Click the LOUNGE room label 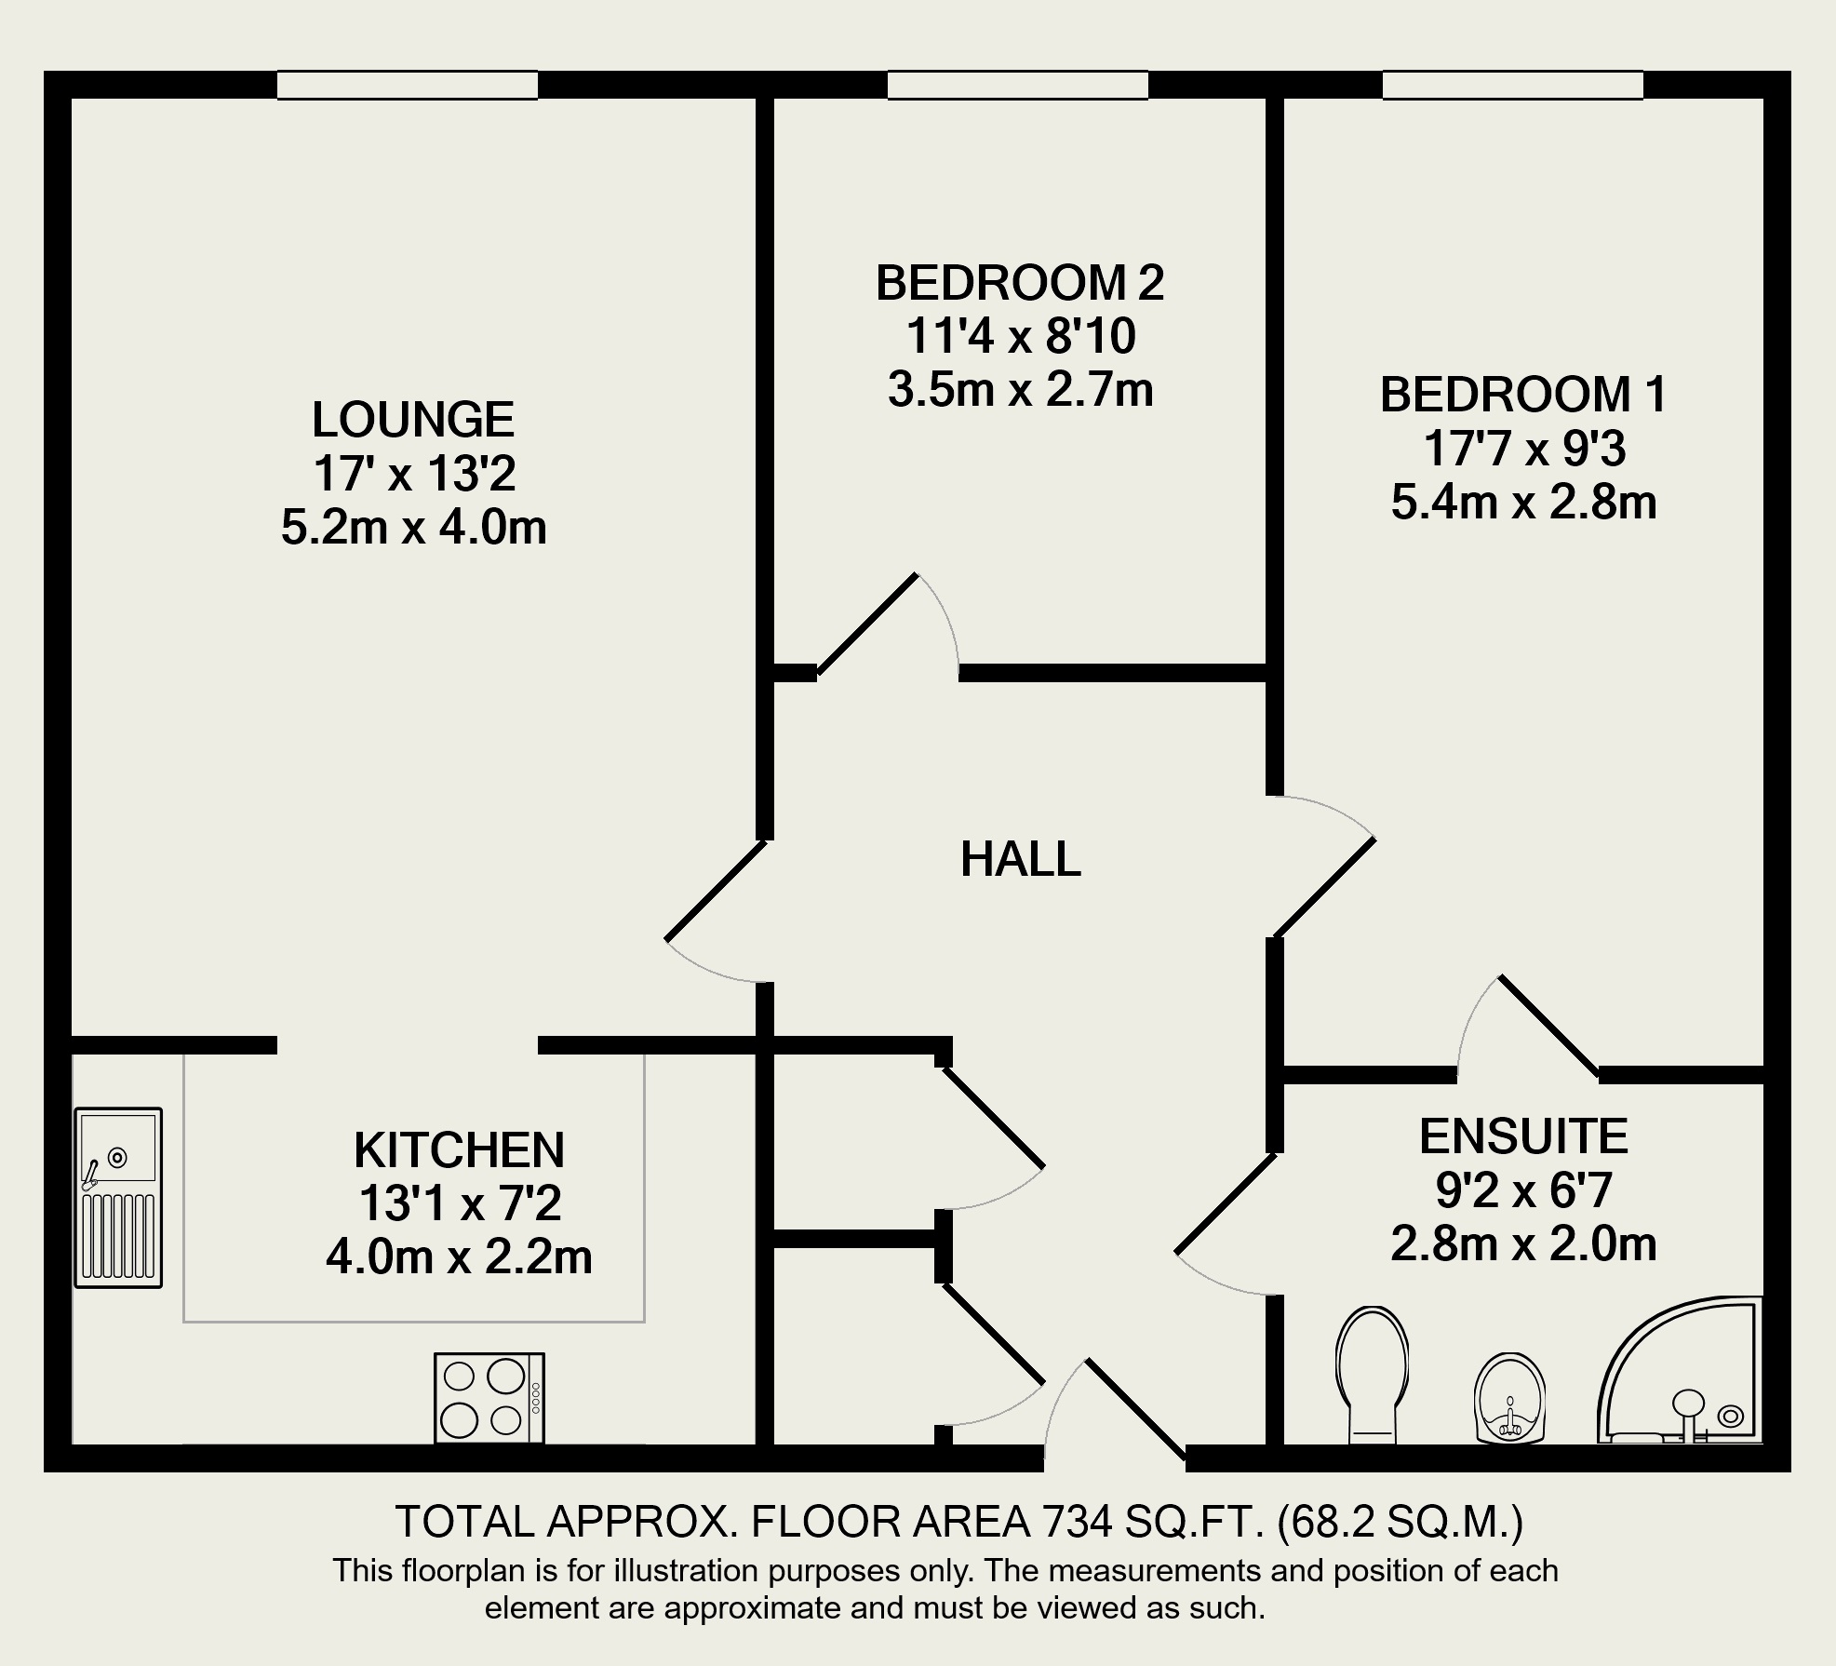413,420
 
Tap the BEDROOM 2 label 1020,283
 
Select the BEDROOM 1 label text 1523,395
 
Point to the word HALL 1021,859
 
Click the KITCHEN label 459,1150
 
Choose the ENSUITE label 1523,1136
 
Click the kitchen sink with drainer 118,1198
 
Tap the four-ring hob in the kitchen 489,1398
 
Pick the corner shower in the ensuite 1681,1370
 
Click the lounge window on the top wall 408,86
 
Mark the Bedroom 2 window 1018,86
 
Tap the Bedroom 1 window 1513,86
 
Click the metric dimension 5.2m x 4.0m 413,528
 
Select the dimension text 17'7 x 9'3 1524,449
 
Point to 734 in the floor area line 1077,1523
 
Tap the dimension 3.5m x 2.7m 1020,390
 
